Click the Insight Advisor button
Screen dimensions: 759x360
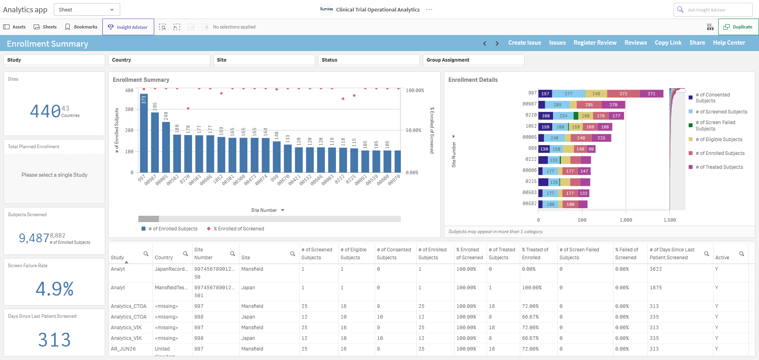(128, 27)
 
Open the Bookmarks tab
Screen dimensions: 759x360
(81, 27)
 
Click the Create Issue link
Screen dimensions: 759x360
(525, 43)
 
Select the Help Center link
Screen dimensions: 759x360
(729, 43)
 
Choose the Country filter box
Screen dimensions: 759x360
(159, 60)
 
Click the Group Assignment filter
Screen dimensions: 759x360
(474, 60)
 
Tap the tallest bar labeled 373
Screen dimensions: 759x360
(144, 133)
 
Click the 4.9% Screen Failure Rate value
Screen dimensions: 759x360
(55, 288)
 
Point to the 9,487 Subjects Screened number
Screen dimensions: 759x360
(34, 238)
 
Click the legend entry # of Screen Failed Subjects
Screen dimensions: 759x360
(717, 126)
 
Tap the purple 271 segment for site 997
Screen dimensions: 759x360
(651, 94)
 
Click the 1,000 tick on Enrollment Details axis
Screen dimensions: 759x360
(626, 220)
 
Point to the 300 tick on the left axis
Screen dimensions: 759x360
(129, 109)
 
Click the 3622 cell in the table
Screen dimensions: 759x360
(656, 269)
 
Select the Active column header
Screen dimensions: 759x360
(722, 258)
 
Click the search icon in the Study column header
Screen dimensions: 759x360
(146, 254)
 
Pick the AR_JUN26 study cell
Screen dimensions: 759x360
(123, 349)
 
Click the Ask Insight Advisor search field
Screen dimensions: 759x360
(713, 9)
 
